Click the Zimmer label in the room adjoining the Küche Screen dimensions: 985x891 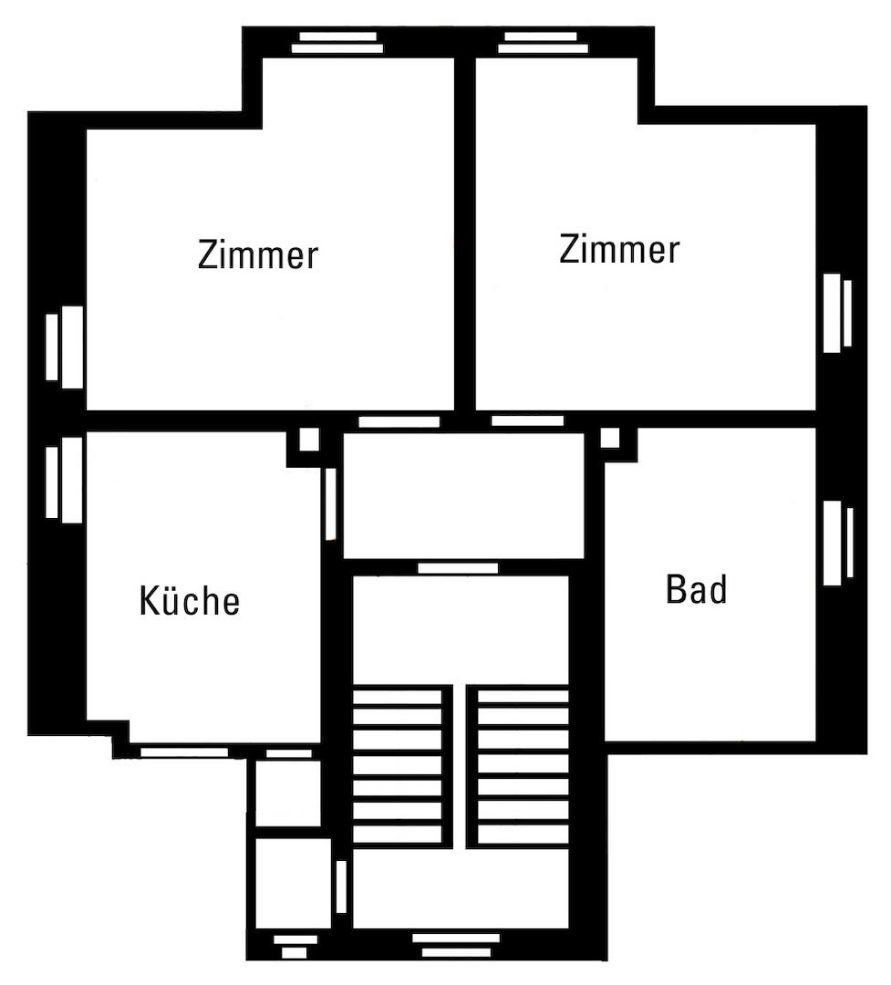(258, 254)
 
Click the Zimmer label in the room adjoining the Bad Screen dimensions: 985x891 (619, 248)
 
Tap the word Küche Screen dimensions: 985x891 (190, 601)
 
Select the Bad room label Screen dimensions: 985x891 (697, 589)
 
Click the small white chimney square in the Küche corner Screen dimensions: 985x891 (308, 440)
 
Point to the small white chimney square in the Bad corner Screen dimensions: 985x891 (609, 439)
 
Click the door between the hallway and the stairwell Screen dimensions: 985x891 (458, 568)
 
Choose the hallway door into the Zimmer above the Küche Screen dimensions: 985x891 (399, 422)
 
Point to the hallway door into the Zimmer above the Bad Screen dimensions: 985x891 (527, 421)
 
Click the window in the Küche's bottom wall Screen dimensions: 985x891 (182, 752)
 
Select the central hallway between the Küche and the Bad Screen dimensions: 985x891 (463, 494)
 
